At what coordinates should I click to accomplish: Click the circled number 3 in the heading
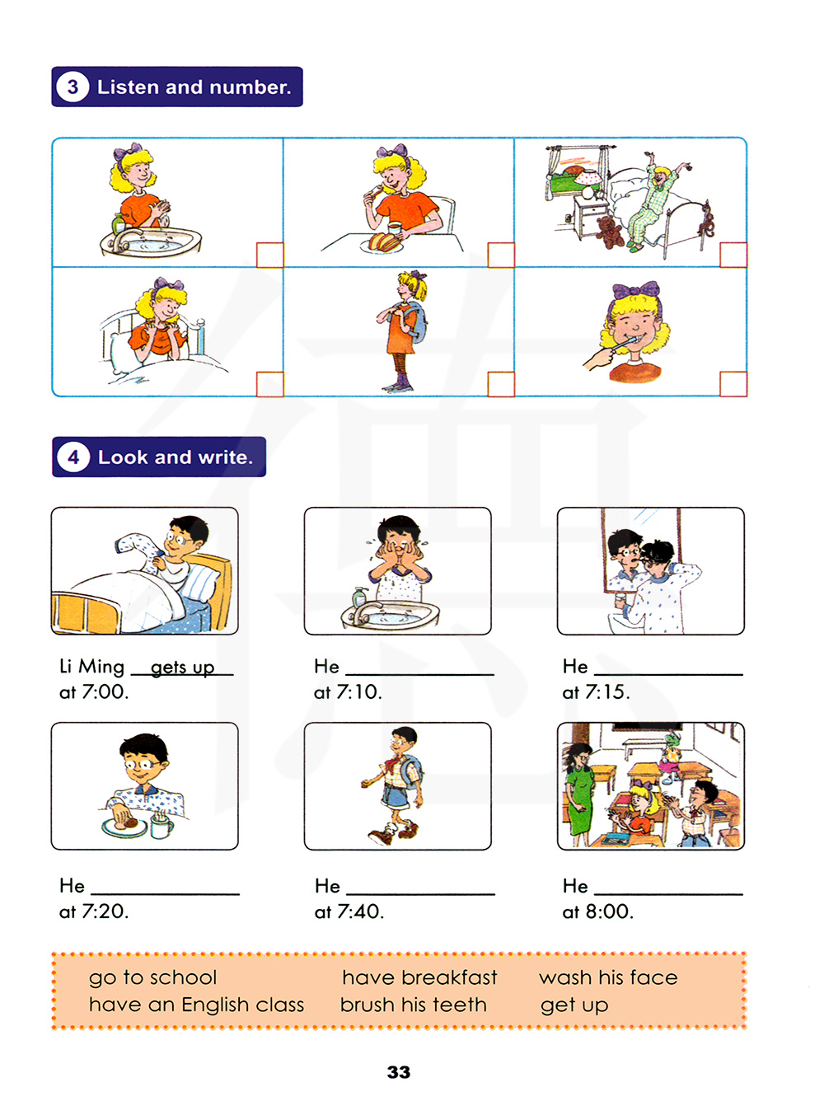pyautogui.click(x=73, y=87)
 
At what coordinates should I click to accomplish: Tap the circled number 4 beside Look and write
pyautogui.click(x=73, y=457)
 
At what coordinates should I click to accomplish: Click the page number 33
pyautogui.click(x=399, y=1072)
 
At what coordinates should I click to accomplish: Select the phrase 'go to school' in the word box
pyautogui.click(x=153, y=977)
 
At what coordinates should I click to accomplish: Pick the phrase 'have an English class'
pyautogui.click(x=197, y=1005)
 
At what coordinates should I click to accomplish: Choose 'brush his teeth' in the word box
pyautogui.click(x=414, y=1005)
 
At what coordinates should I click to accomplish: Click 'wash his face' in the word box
pyautogui.click(x=608, y=977)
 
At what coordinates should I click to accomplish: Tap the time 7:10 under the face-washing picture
pyautogui.click(x=359, y=691)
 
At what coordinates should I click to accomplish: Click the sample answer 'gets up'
pyautogui.click(x=183, y=668)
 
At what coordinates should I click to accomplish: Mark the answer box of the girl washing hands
pyautogui.click(x=269, y=255)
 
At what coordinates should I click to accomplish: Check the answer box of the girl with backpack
pyautogui.click(x=501, y=384)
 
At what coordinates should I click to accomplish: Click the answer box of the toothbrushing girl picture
pyautogui.click(x=733, y=384)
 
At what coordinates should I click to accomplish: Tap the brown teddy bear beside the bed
pyautogui.click(x=610, y=232)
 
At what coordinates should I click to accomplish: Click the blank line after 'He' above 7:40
pyautogui.click(x=420, y=894)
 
